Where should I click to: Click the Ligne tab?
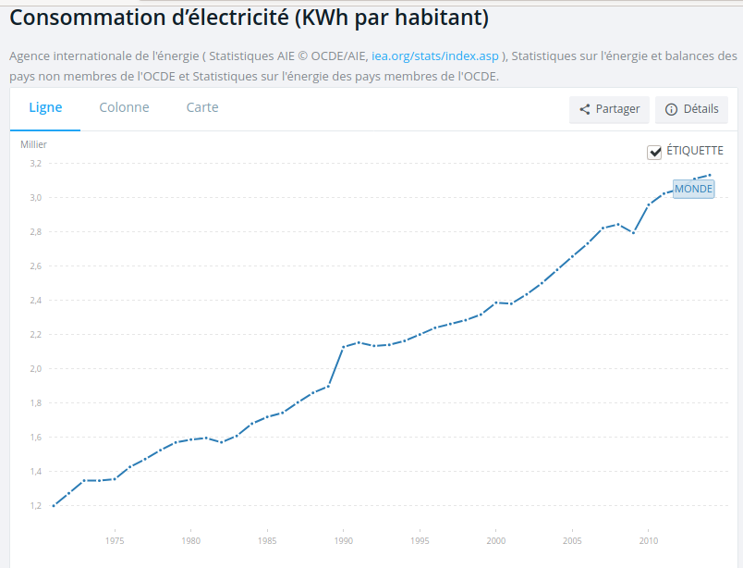[x=45, y=107]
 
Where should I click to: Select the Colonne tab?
[x=124, y=107]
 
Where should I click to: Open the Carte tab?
[x=202, y=107]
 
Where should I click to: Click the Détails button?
[x=692, y=109]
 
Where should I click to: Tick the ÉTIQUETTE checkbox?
[x=654, y=152]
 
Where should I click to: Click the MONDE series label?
[x=694, y=189]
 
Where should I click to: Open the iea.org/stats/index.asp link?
[x=435, y=56]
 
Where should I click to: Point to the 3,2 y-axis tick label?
[x=36, y=164]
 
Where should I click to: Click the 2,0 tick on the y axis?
[x=36, y=369]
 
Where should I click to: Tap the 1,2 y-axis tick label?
[x=36, y=506]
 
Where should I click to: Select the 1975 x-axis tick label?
[x=115, y=541]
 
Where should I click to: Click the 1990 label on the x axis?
[x=344, y=541]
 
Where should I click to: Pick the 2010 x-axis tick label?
[x=649, y=541]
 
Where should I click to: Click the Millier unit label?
[x=33, y=144]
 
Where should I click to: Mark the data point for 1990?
[x=344, y=347]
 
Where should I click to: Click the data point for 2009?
[x=634, y=232]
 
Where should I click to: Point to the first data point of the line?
[x=54, y=506]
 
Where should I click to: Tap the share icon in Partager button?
[x=585, y=109]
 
